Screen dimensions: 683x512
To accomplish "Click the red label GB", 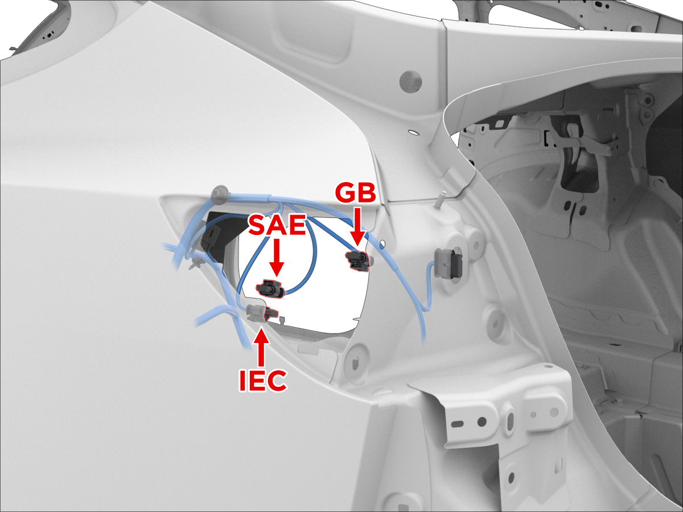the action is click(355, 193).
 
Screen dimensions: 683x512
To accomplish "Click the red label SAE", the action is click(277, 225).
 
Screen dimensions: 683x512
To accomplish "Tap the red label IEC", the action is click(263, 380).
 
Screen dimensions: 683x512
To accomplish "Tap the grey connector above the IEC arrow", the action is click(257, 313).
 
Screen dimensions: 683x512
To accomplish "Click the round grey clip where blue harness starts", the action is click(220, 195).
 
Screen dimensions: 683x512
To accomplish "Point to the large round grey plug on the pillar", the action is click(410, 81).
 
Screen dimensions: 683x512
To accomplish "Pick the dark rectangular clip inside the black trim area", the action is click(213, 236).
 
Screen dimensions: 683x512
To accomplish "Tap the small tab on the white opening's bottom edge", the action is click(282, 320).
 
